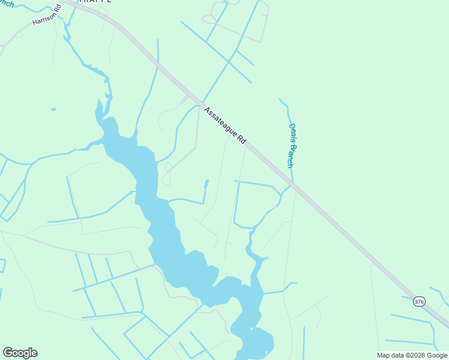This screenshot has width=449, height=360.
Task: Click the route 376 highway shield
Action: point(419,301)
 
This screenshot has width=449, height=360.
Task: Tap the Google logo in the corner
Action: point(20,353)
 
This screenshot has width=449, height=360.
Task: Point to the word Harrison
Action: point(43,19)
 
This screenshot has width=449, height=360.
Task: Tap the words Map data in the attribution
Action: point(389,355)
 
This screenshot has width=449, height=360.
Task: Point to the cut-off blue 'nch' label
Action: point(7,3)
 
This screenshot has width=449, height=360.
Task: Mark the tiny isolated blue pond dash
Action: point(53,109)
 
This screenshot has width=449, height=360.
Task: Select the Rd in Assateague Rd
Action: point(242,139)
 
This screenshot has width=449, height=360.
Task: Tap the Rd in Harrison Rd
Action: point(59,10)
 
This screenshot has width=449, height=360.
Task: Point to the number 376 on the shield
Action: point(419,301)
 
